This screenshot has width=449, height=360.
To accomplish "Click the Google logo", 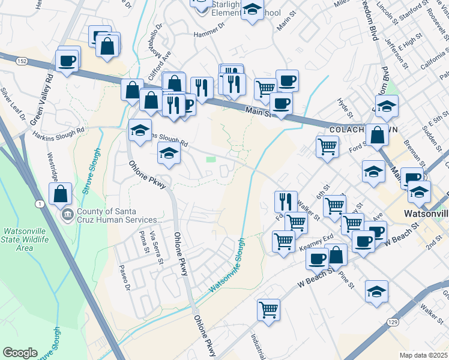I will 20,353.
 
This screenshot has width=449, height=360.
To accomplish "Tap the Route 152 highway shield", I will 22,61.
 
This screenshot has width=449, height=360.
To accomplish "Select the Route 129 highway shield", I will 392,322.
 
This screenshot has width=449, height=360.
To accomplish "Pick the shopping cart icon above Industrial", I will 268,310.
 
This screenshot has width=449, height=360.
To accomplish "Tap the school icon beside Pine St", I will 376,292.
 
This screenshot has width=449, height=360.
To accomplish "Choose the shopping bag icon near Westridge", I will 60,194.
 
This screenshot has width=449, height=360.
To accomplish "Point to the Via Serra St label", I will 157,247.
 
